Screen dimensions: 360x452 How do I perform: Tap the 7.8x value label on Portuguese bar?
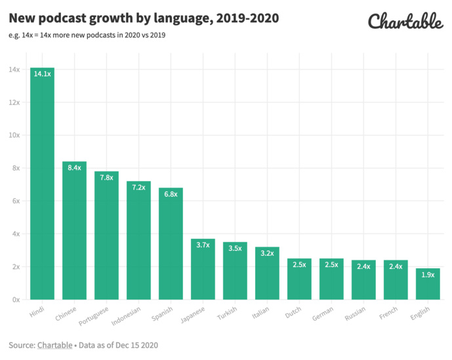(x=106, y=178)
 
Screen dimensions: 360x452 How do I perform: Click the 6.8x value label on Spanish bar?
(x=171, y=194)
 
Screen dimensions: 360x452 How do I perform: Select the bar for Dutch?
(x=299, y=282)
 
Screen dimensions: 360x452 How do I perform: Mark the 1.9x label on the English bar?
(x=428, y=275)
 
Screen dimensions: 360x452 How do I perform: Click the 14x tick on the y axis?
(x=14, y=70)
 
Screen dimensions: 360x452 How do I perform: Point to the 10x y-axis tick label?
(x=14, y=135)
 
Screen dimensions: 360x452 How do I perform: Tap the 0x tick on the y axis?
(x=16, y=300)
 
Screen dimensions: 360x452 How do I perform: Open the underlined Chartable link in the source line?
(x=55, y=344)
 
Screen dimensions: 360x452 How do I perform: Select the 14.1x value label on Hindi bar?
(x=42, y=74)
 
